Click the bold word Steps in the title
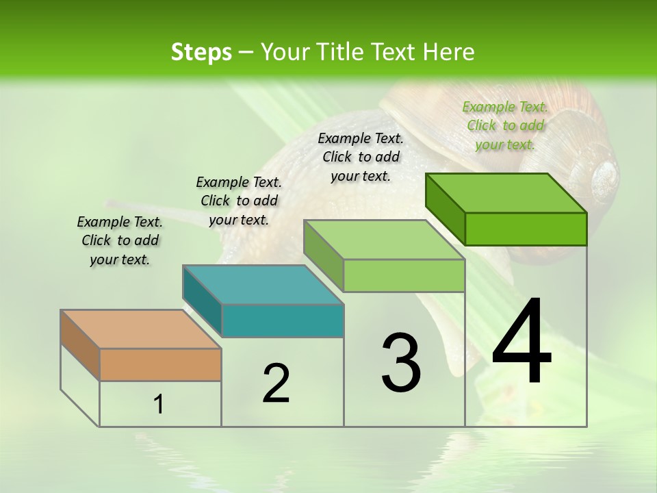[x=201, y=52]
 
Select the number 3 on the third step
[x=401, y=363]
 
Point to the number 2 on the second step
[x=276, y=383]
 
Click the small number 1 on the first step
[x=159, y=405]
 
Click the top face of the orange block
[x=140, y=329]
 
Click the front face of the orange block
[x=160, y=364]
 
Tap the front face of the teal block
[x=283, y=320]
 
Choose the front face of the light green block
[x=404, y=275]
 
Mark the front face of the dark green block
[x=526, y=229]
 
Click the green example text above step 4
[x=505, y=125]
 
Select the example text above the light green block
[x=361, y=157]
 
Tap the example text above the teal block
[x=239, y=201]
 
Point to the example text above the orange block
[x=120, y=240]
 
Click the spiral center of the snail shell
[x=606, y=175]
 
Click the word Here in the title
[x=451, y=52]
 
